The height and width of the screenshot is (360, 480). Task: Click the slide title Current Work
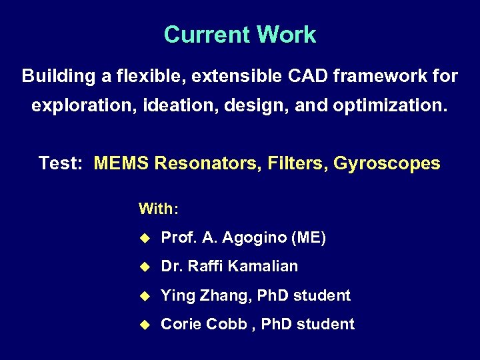pyautogui.click(x=240, y=35)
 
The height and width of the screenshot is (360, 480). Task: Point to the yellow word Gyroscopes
pyautogui.click(x=387, y=163)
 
